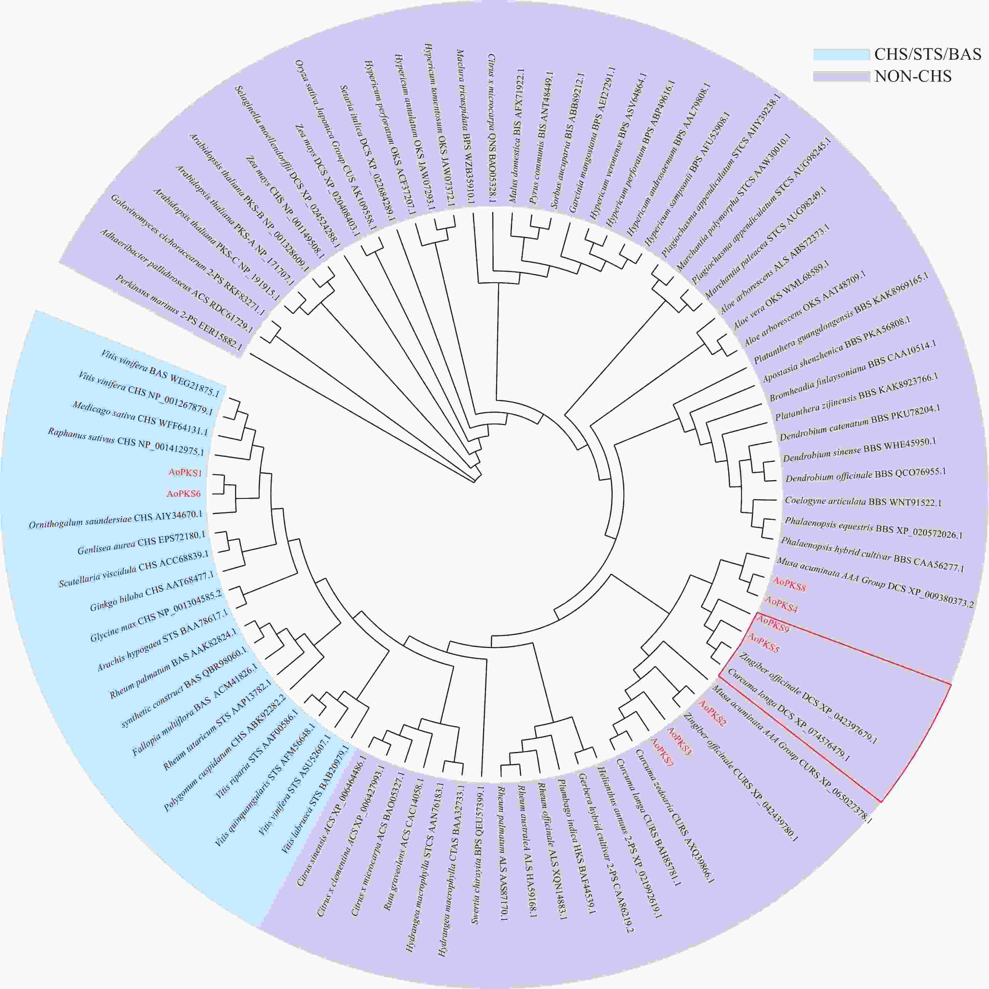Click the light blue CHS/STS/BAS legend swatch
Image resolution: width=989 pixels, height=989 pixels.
841,54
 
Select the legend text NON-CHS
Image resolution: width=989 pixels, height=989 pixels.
913,76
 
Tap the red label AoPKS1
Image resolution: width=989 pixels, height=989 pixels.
185,472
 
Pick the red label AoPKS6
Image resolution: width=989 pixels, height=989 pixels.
183,494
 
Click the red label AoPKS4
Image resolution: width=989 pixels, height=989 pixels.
781,605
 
